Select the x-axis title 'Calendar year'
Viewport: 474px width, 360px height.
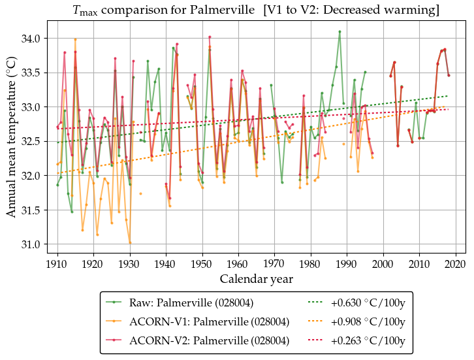click(257, 279)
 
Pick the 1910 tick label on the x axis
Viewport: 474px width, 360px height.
click(57, 264)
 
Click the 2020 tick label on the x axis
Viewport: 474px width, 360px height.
click(455, 264)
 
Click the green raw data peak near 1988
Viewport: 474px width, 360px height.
click(340, 31)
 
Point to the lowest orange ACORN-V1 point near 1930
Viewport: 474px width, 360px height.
click(130, 242)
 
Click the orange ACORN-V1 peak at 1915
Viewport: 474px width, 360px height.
click(75, 39)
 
